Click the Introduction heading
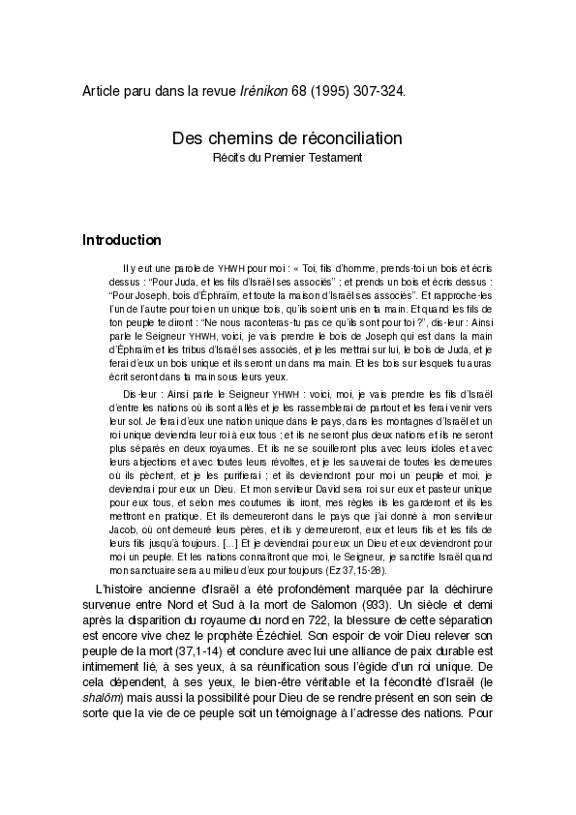point(122,240)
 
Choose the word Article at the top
point(102,91)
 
